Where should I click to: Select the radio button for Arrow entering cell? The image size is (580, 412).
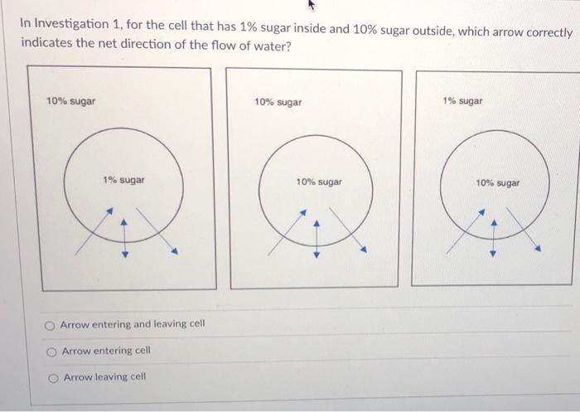(51, 351)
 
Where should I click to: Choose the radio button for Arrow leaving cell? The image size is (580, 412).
(52, 377)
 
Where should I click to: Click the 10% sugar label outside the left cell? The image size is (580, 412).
(70, 101)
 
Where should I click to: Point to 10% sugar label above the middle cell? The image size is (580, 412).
(278, 102)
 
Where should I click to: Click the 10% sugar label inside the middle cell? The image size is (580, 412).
(319, 181)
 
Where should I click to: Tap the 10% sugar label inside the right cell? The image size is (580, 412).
(498, 182)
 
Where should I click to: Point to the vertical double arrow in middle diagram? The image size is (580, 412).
(316, 238)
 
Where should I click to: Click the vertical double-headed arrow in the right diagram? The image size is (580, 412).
(493, 238)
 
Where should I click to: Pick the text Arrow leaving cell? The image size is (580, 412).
(104, 376)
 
